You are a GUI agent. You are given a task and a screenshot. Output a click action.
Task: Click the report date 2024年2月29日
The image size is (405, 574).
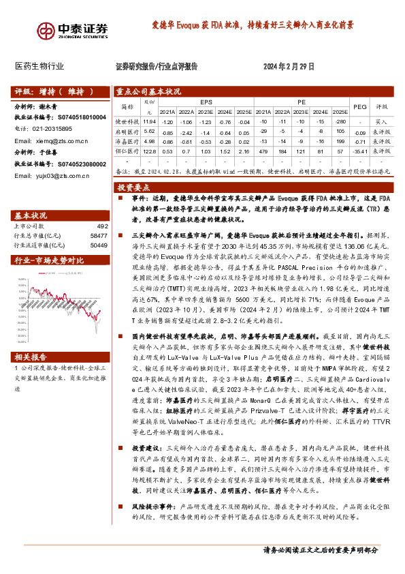click(289, 67)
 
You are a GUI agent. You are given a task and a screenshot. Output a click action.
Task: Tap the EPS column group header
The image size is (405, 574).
click(206, 101)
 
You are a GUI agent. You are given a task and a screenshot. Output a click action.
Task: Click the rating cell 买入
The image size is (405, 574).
click(381, 121)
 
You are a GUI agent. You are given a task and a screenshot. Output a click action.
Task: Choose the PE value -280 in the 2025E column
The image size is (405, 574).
click(341, 121)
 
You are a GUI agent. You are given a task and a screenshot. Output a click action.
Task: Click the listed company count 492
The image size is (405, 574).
click(102, 226)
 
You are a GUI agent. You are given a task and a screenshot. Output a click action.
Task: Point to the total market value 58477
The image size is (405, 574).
click(99, 235)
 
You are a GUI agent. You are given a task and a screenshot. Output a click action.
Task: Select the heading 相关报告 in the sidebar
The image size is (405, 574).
click(31, 357)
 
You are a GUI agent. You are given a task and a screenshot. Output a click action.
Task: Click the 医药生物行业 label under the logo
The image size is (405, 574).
click(39, 67)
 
